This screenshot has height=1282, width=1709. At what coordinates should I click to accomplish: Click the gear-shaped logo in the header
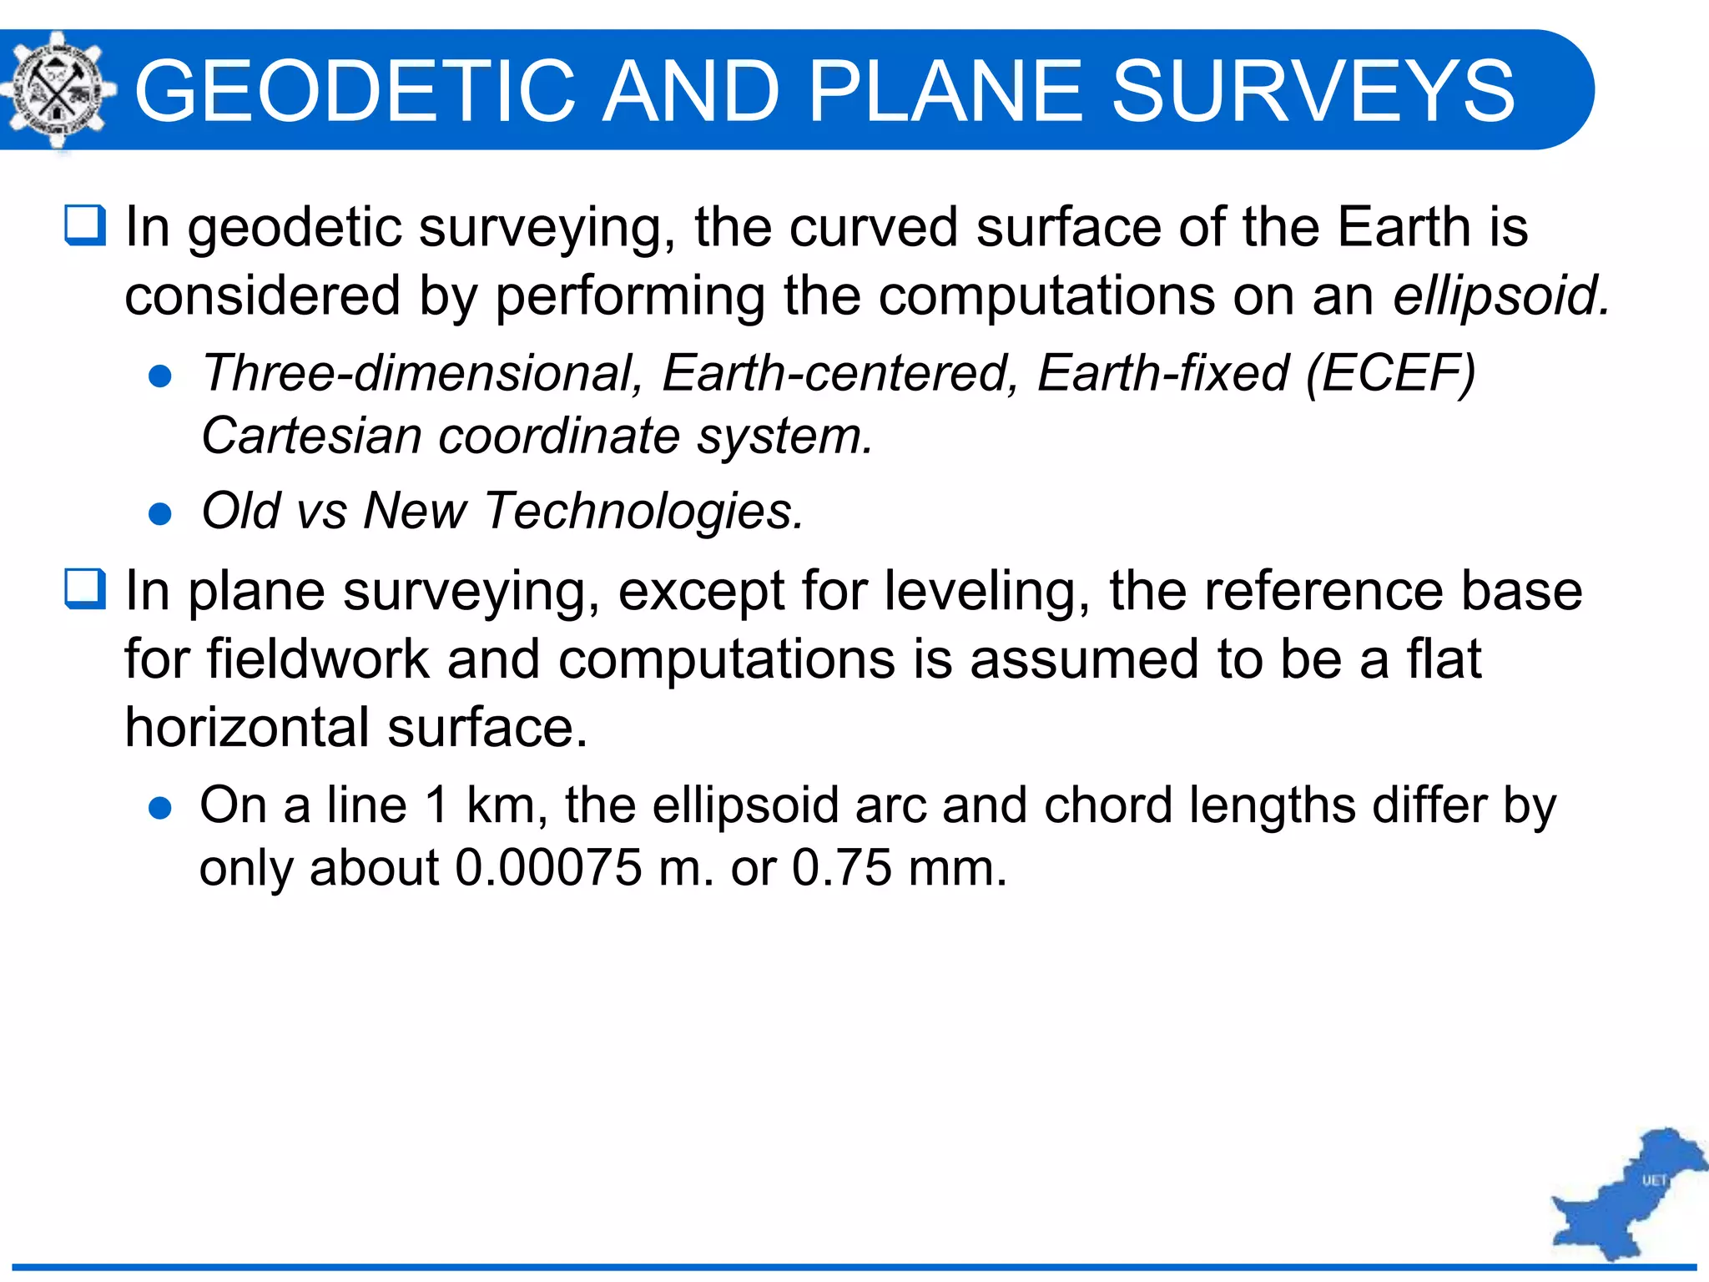click(55, 90)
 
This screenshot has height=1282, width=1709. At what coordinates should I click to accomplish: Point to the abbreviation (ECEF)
click(1390, 372)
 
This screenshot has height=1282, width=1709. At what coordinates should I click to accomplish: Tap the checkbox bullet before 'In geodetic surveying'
click(85, 225)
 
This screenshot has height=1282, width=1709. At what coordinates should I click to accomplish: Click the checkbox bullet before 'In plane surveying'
click(85, 589)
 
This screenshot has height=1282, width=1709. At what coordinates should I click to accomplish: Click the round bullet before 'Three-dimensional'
click(159, 376)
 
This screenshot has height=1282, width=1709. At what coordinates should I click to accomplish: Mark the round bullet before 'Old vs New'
click(159, 514)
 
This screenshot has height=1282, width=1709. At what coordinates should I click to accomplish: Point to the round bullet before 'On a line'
click(159, 808)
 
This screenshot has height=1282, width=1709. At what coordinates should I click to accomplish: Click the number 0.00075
click(547, 868)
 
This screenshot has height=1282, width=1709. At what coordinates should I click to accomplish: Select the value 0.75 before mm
click(841, 868)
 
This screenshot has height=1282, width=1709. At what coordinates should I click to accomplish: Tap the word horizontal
click(247, 727)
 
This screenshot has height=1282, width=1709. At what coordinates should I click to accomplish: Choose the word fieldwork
click(318, 659)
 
